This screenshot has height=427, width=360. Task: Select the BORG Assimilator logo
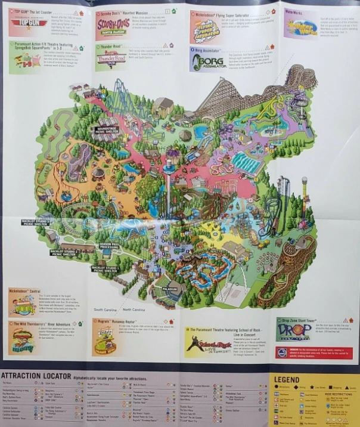tap(206, 62)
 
